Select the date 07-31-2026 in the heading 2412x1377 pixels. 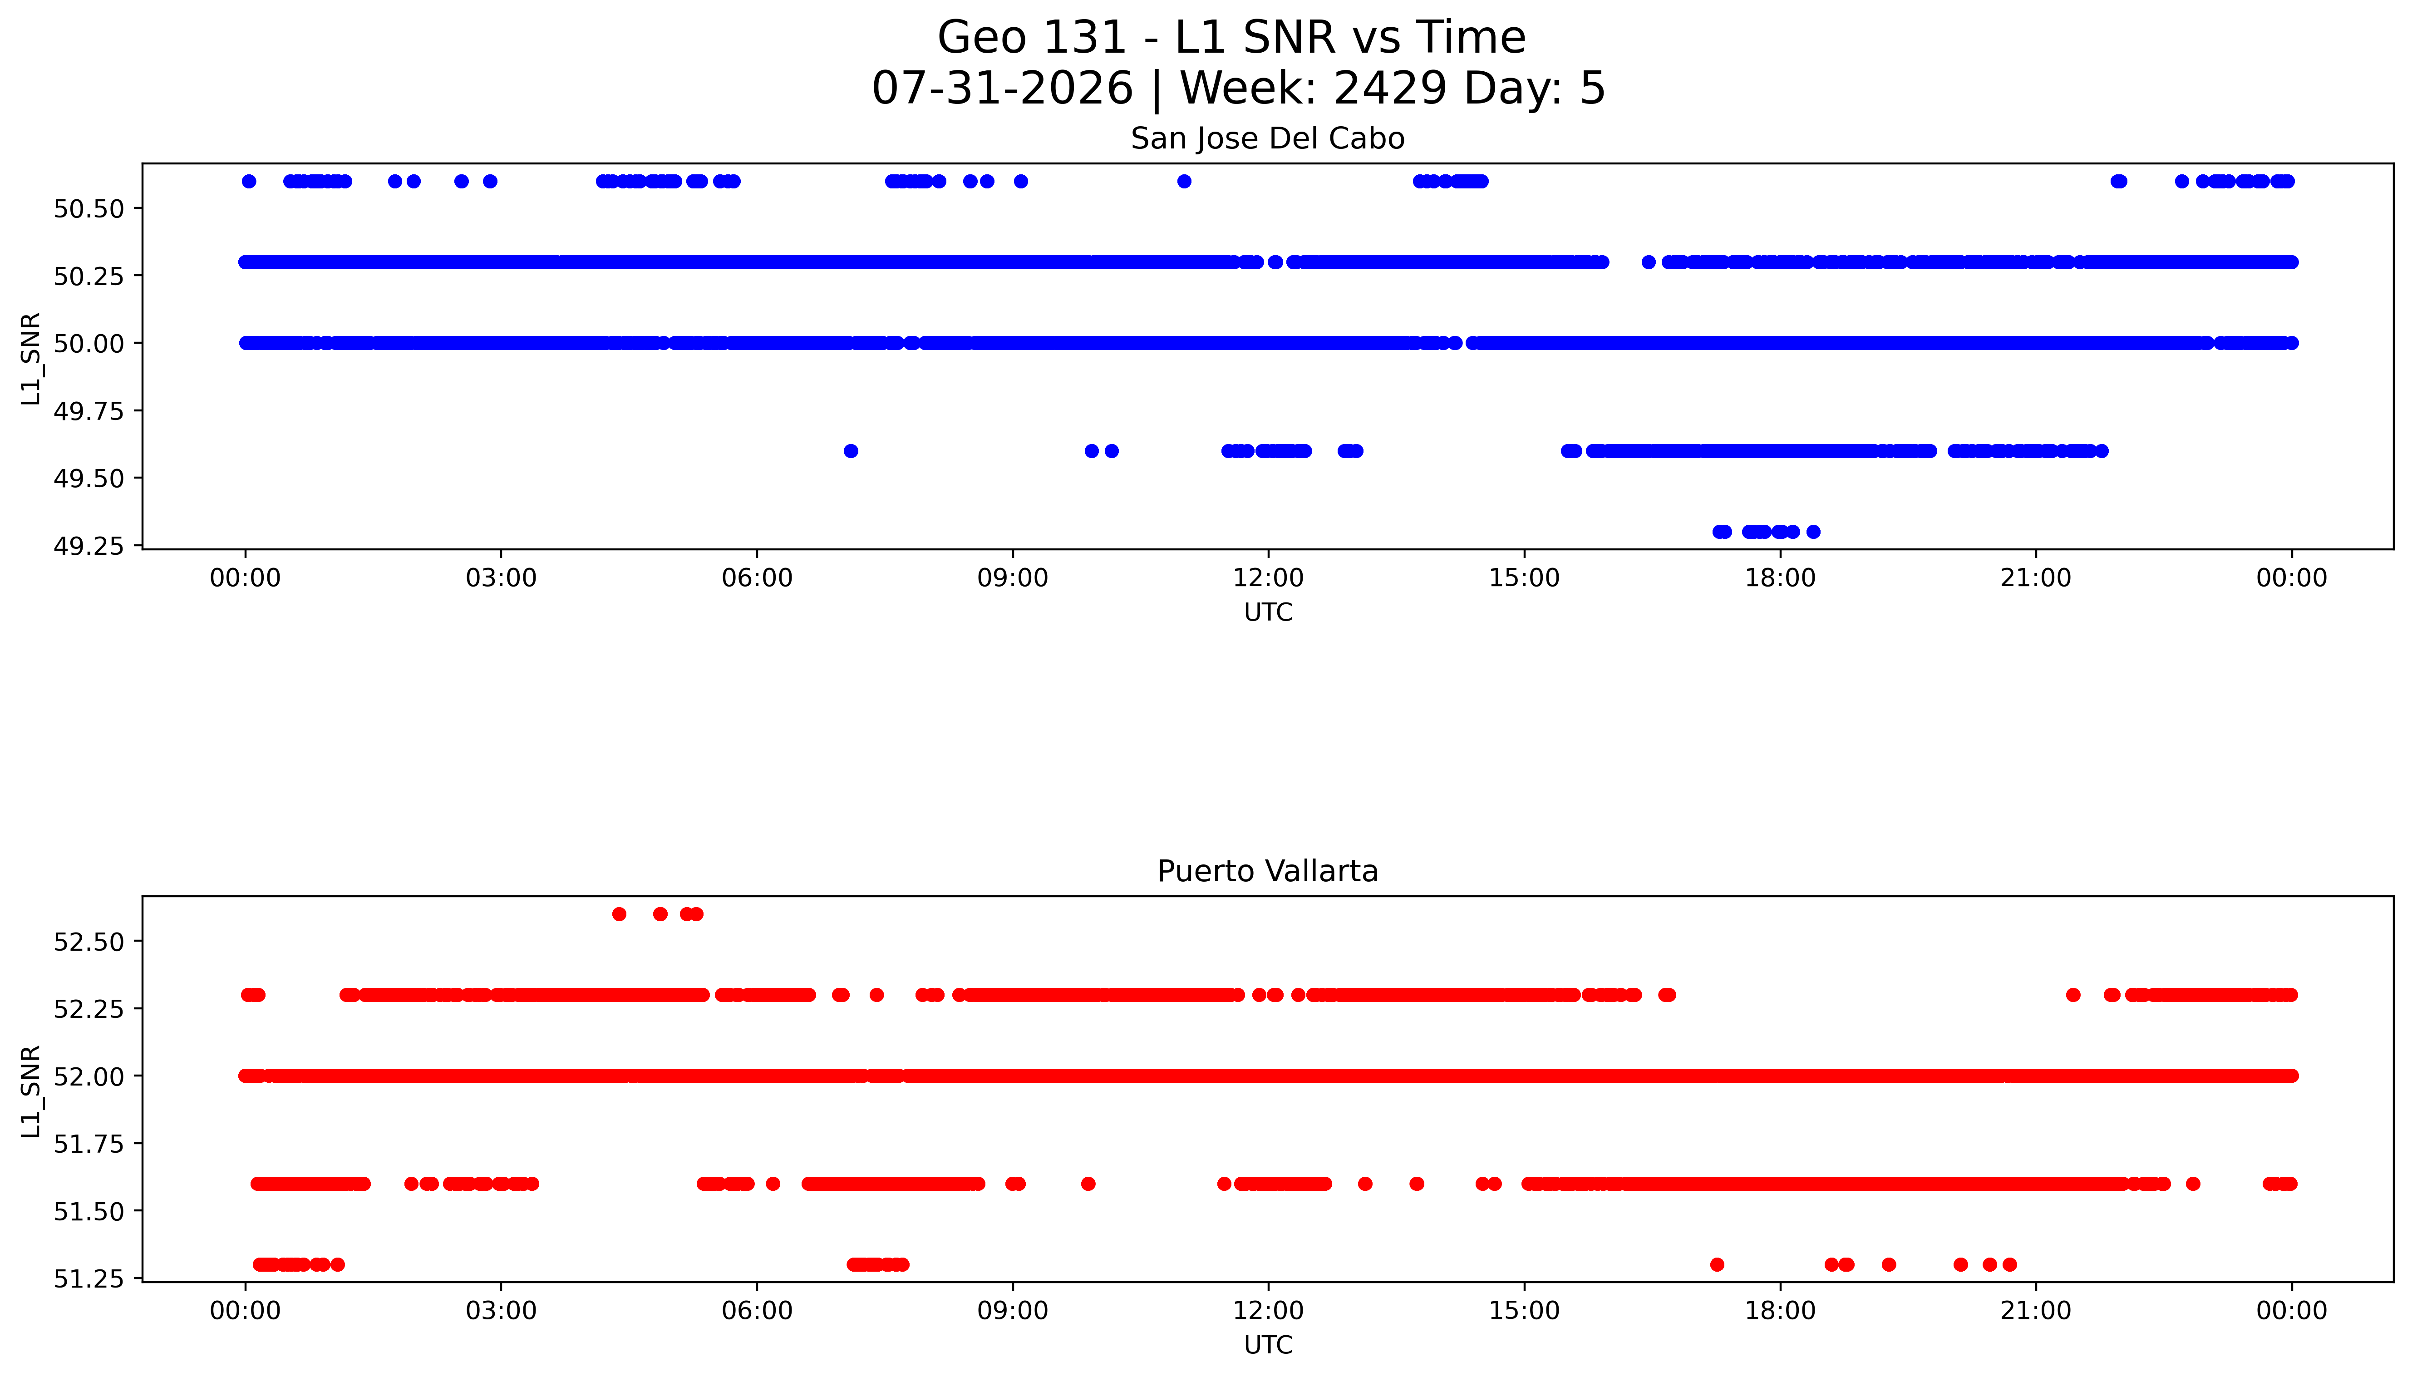[1002, 88]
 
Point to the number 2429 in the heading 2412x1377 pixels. [1390, 88]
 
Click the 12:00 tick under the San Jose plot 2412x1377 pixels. [1268, 578]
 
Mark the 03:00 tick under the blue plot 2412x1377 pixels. [501, 578]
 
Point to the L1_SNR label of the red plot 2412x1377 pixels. [31, 1091]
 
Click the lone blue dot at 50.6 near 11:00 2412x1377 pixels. [1184, 182]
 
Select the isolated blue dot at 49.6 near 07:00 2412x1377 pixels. [851, 451]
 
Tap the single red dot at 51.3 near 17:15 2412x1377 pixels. [1717, 1264]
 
